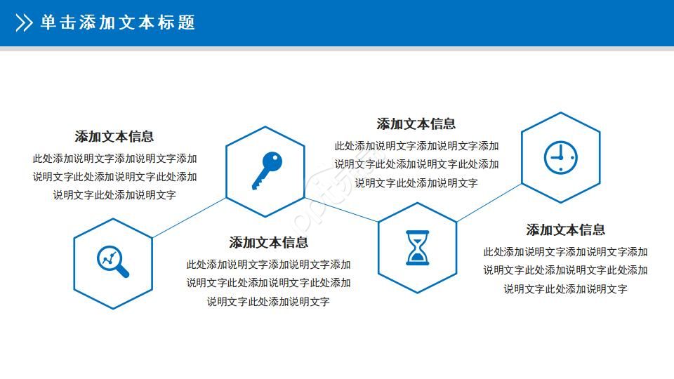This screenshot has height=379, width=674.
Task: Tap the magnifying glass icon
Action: click(113, 262)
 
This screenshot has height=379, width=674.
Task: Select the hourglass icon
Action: click(417, 248)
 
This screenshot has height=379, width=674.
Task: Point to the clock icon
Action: click(560, 157)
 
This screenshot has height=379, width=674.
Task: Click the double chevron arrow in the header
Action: click(24, 23)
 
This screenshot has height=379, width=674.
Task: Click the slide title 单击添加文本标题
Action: click(117, 23)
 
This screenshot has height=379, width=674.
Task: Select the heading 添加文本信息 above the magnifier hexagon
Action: click(114, 136)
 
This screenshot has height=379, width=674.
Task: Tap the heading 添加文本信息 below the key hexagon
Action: click(269, 243)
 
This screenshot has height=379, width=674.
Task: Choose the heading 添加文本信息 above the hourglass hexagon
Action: click(416, 124)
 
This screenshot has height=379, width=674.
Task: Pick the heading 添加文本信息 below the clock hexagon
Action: click(566, 230)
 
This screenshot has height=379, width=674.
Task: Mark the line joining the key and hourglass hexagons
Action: click(342, 210)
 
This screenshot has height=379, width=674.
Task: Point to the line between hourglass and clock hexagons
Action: click(489, 203)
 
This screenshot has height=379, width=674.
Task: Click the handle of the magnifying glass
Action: click(122, 270)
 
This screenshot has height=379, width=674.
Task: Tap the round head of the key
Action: click(272, 161)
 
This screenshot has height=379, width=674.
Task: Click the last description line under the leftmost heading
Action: click(114, 195)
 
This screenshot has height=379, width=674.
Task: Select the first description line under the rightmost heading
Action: click(565, 252)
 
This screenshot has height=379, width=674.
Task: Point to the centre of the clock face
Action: click(560, 157)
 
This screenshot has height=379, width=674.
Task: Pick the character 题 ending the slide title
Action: click(187, 23)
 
